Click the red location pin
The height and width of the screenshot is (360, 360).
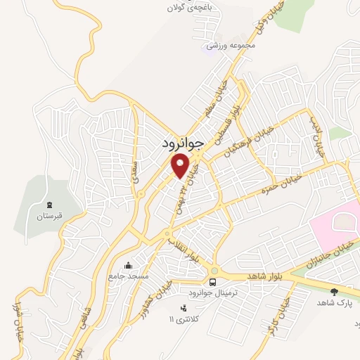[x=181, y=165]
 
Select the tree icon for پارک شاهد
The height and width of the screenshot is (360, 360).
[x=334, y=291]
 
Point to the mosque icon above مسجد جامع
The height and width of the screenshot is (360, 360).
[x=128, y=266]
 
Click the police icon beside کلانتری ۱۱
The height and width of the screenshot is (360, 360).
[x=183, y=308]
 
